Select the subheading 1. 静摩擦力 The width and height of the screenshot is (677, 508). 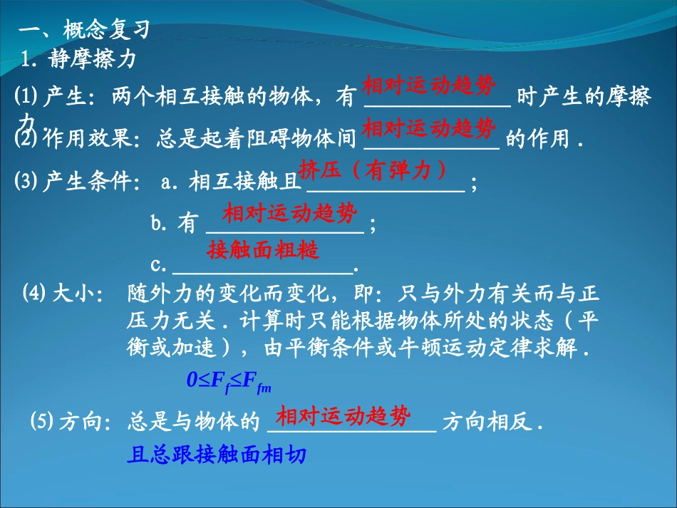78,60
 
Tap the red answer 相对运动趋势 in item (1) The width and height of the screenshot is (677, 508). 428,87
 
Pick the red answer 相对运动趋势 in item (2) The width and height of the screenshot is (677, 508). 428,129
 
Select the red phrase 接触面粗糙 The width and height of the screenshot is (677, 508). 263,250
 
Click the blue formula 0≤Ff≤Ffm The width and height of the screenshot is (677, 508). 229,382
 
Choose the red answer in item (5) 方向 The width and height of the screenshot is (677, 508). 343,416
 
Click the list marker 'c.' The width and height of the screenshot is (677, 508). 159,266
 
